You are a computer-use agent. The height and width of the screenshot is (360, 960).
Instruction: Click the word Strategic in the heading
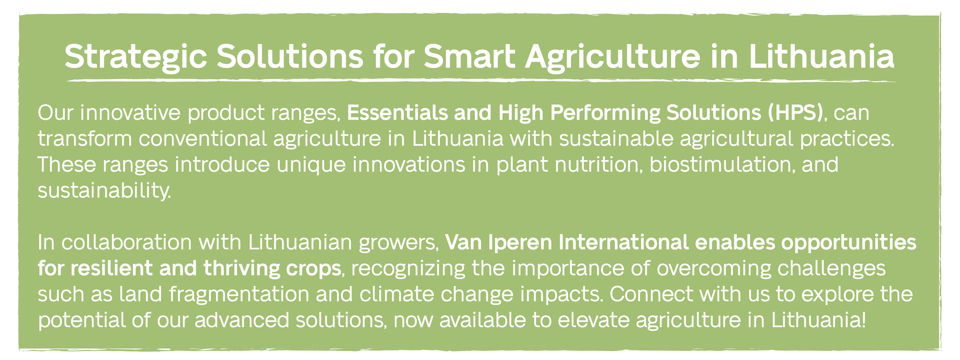click(x=136, y=57)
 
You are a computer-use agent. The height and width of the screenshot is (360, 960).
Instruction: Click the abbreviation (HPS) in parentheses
click(x=795, y=113)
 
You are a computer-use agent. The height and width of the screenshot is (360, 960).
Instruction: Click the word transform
click(x=85, y=138)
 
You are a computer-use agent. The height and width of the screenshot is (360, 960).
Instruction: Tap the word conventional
click(x=203, y=138)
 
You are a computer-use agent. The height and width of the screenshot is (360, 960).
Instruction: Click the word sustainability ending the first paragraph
click(x=104, y=191)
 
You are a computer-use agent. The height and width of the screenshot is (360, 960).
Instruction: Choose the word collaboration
click(x=127, y=242)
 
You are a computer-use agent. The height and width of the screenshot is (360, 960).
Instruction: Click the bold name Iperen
click(x=520, y=242)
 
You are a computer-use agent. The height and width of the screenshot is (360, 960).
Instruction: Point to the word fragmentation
click(x=239, y=294)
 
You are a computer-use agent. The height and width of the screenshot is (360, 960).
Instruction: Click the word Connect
click(x=652, y=294)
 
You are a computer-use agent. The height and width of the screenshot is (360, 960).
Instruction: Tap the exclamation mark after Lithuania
click(x=864, y=320)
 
